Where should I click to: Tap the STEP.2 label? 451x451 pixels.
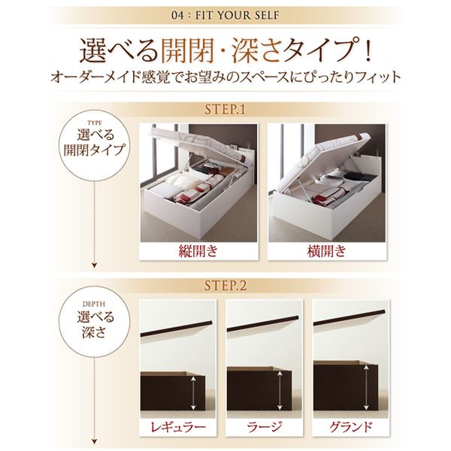point(225,286)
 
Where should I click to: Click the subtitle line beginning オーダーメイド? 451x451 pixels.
point(225,77)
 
